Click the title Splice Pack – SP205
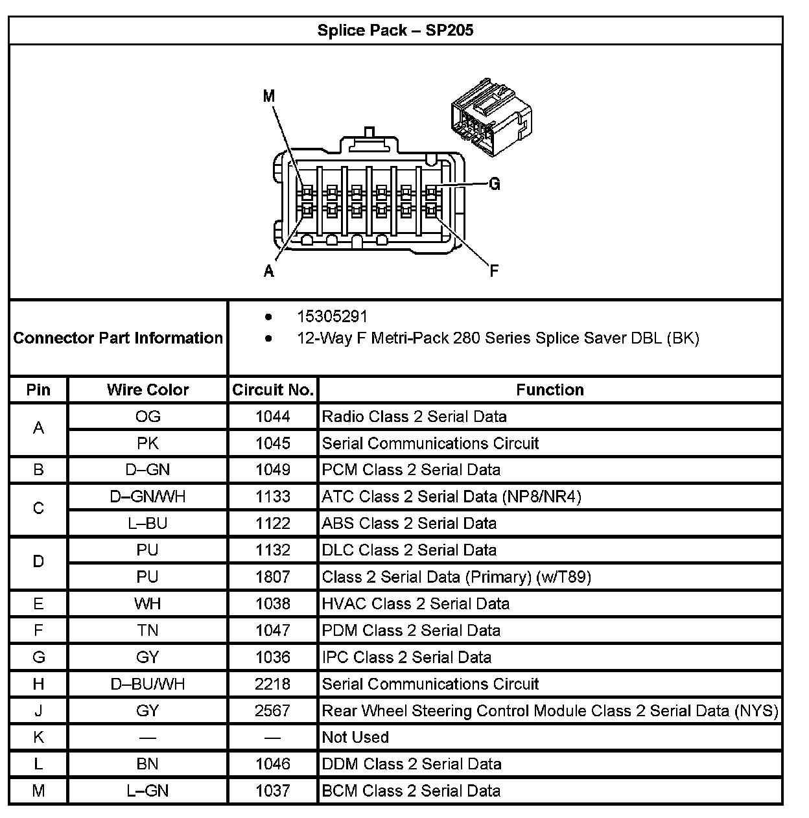[395, 30]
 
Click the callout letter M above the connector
[269, 97]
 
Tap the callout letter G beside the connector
[495, 185]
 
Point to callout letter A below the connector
[269, 271]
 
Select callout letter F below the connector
[494, 271]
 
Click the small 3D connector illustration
[491, 117]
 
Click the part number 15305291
[332, 316]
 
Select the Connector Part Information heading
[118, 338]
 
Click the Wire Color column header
[148, 390]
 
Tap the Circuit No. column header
[273, 390]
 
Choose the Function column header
[550, 390]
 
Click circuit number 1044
[273, 416]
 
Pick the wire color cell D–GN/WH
[148, 497]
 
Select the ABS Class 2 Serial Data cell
[409, 523]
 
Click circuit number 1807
[273, 577]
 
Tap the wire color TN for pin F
[148, 630]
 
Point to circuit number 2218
[273, 684]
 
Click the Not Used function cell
[355, 737]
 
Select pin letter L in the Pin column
[38, 764]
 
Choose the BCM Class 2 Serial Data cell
[411, 791]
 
